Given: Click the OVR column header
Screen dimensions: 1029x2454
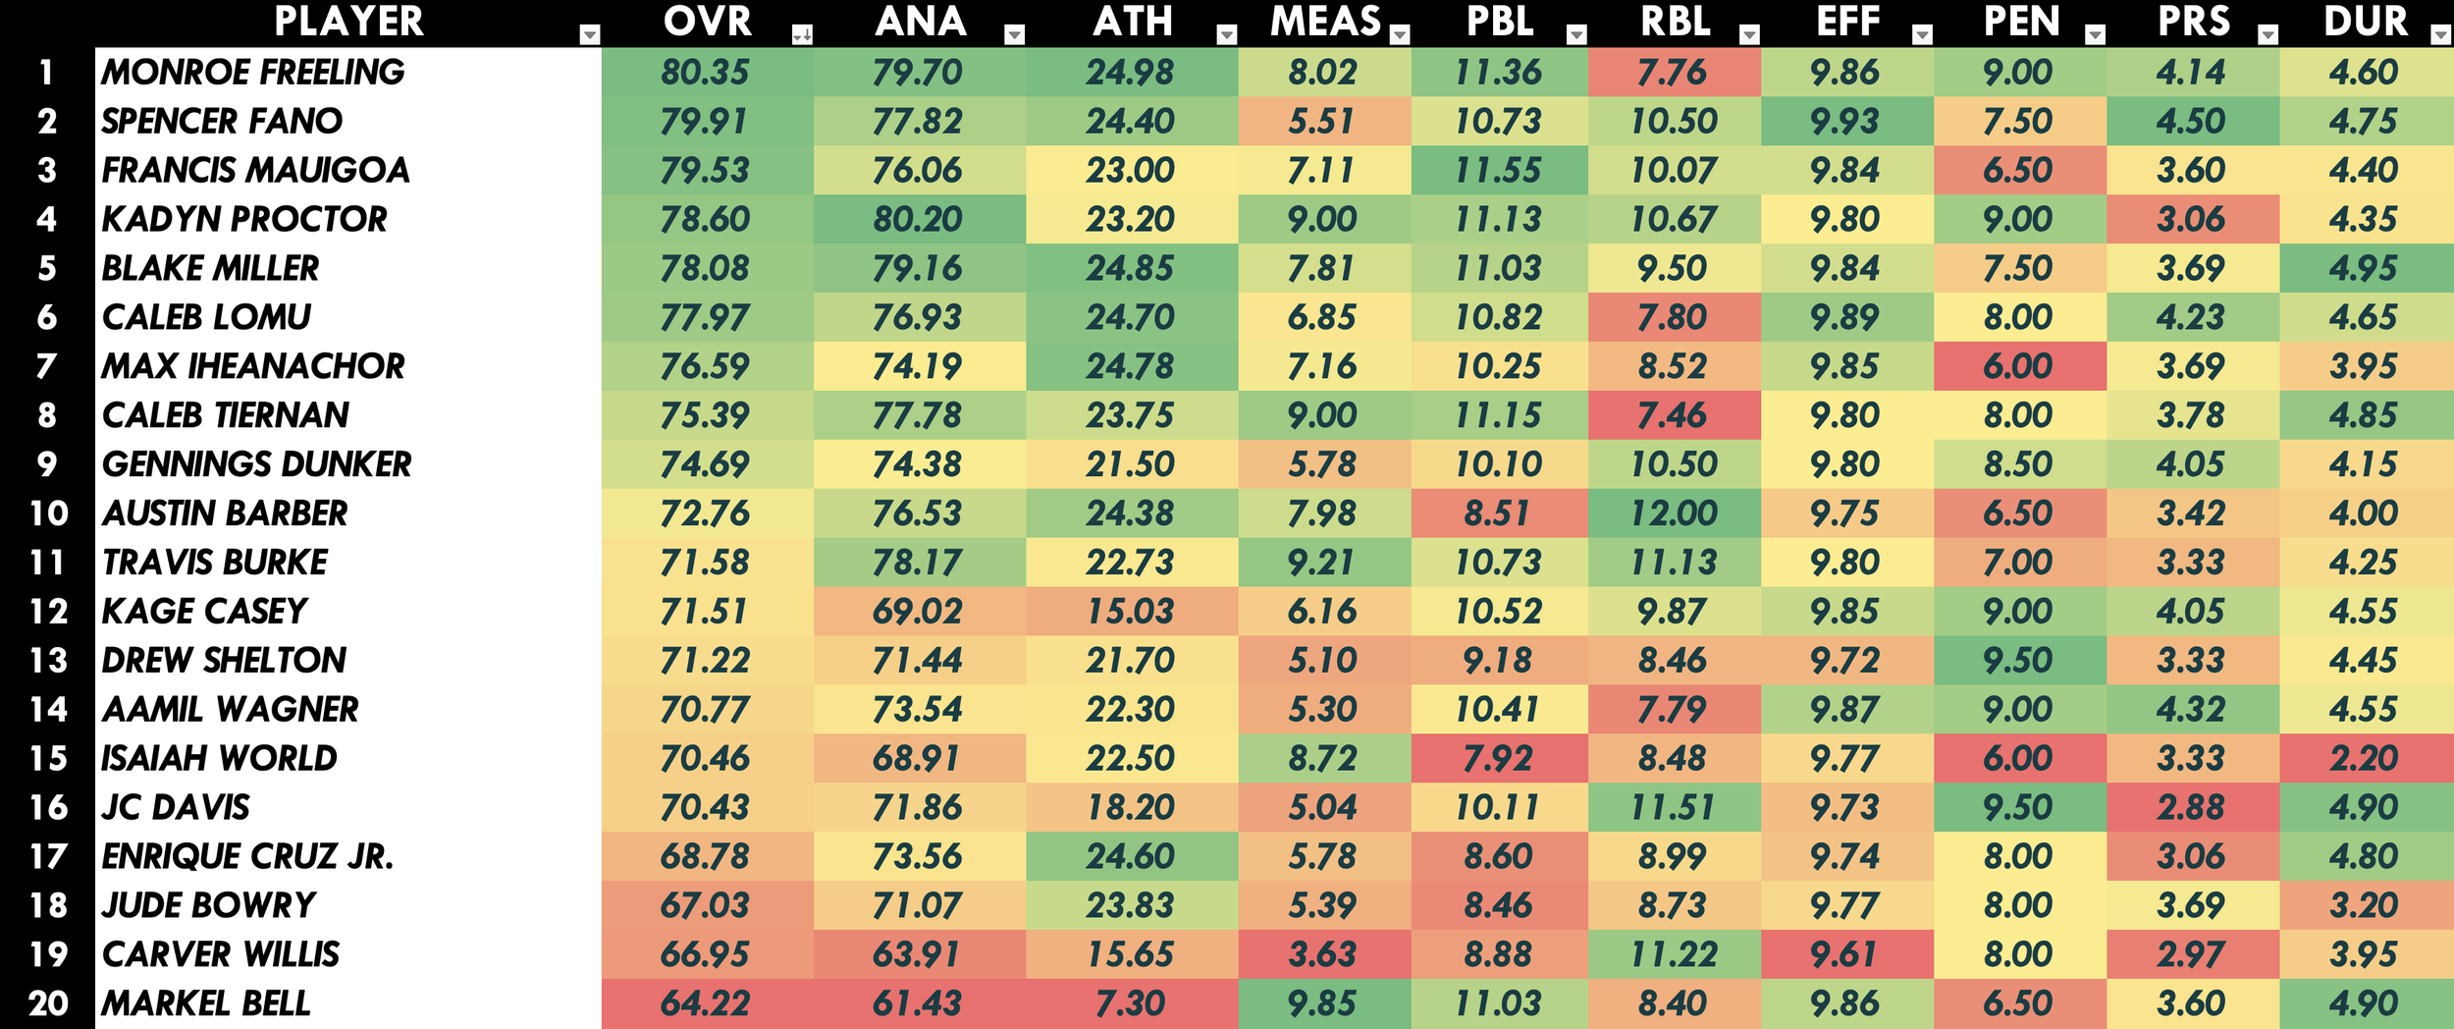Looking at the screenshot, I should pyautogui.click(x=707, y=22).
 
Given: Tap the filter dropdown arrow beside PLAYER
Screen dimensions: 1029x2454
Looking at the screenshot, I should pyautogui.click(x=590, y=35).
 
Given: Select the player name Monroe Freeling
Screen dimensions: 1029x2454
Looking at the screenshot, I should pyautogui.click(x=253, y=72).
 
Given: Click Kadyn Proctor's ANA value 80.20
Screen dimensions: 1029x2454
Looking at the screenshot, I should pyautogui.click(x=918, y=219).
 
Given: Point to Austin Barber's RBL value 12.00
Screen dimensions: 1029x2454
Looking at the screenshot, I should pyautogui.click(x=1674, y=513).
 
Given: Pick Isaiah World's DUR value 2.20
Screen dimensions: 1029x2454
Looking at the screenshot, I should pyautogui.click(x=2363, y=758).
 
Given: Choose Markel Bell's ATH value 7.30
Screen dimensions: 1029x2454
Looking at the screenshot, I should pyautogui.click(x=1130, y=1003).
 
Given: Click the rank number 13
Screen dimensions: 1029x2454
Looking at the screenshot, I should pyautogui.click(x=48, y=660).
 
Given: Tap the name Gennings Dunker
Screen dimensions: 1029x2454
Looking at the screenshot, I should pyautogui.click(x=257, y=463).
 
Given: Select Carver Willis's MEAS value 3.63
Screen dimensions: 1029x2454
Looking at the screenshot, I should pyautogui.click(x=1322, y=954).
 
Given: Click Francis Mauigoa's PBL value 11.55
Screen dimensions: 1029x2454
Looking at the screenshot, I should pyautogui.click(x=1498, y=170).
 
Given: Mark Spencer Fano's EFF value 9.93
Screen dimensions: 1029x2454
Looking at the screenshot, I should pyautogui.click(x=1845, y=121).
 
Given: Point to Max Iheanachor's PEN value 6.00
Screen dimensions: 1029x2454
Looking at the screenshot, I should pyautogui.click(x=2017, y=366).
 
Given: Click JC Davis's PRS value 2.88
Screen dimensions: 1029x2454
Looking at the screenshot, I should pyautogui.click(x=2191, y=807).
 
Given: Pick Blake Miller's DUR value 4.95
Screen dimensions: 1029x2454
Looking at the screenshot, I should pyautogui.click(x=2363, y=268).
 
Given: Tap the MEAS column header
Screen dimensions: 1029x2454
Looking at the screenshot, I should pyautogui.click(x=1325, y=22).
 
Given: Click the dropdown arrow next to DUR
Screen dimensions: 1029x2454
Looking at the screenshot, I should pyautogui.click(x=2440, y=35).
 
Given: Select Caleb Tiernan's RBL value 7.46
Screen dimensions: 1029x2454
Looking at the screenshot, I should pyautogui.click(x=1673, y=415).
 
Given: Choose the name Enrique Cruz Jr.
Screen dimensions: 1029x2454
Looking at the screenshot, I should pyautogui.click(x=247, y=856).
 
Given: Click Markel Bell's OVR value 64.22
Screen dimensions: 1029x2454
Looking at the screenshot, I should pyautogui.click(x=705, y=1003).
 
